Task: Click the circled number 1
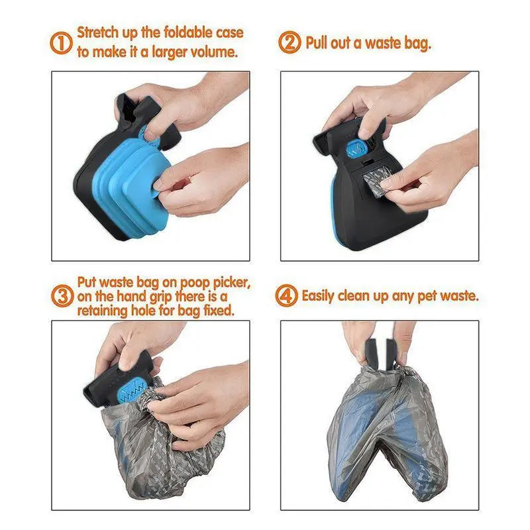click(x=61, y=43)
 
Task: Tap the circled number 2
click(x=290, y=44)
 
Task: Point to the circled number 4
click(x=288, y=296)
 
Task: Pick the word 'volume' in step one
click(x=215, y=52)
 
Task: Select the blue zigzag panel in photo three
click(x=136, y=392)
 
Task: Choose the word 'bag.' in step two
click(x=418, y=44)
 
